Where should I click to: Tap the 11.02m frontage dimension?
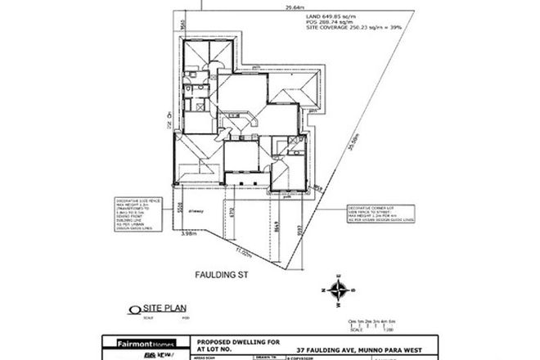[245, 252]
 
